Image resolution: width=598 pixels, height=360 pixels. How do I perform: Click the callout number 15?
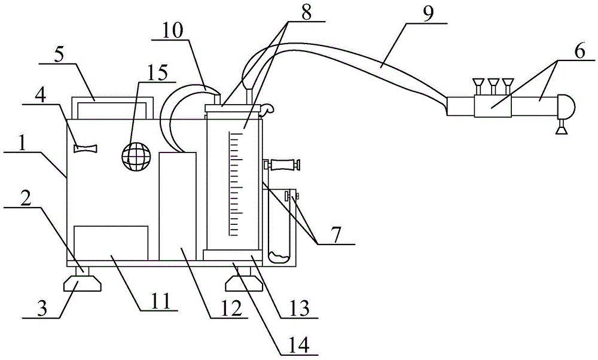pos(158,72)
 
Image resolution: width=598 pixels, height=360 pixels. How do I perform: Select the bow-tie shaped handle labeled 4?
pos(86,148)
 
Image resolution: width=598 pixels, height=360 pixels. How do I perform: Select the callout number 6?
pos(579,51)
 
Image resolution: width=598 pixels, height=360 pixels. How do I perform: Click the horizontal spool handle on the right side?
pos(282,166)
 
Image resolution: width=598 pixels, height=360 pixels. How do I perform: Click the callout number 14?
pos(300,346)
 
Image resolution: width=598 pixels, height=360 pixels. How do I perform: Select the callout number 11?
pos(160,301)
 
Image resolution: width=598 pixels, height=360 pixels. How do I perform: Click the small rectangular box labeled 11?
pos(111,243)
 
